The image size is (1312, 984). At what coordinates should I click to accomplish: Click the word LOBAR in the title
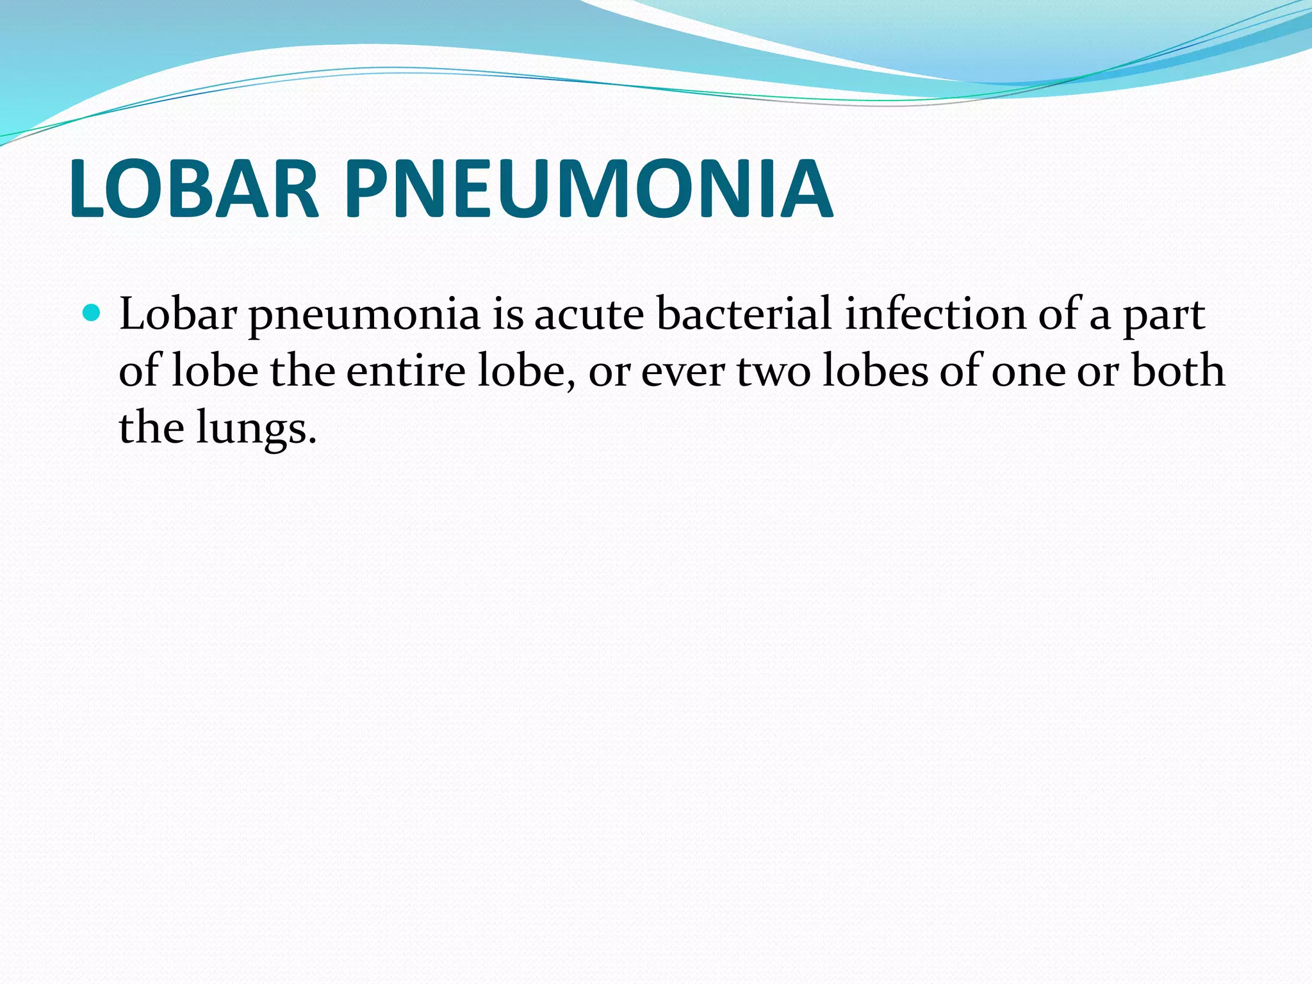point(193,189)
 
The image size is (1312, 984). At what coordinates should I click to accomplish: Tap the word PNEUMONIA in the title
point(588,189)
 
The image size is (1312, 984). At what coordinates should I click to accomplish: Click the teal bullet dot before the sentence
point(92,313)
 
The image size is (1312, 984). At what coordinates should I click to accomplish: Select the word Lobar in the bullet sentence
point(177,315)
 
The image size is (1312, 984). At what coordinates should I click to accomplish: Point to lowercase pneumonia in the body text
point(364,316)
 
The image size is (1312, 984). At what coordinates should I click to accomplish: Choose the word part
point(1164,316)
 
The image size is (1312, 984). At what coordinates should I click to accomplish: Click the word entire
point(406,371)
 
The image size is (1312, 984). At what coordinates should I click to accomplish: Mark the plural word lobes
point(874,371)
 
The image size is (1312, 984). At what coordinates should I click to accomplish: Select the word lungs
point(256,429)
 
